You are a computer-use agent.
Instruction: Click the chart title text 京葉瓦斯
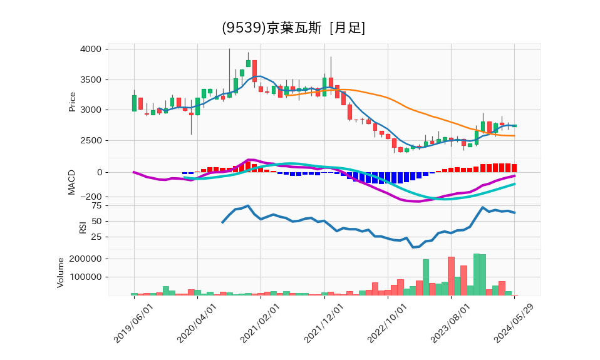point(294,28)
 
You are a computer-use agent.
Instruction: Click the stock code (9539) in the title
point(244,28)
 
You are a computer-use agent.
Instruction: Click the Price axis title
point(72,101)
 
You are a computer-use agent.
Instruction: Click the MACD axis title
point(72,182)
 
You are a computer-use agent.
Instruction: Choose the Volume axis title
point(61,272)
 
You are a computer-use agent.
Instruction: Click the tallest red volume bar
point(451,275)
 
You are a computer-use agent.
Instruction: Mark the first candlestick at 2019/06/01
point(134,103)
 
